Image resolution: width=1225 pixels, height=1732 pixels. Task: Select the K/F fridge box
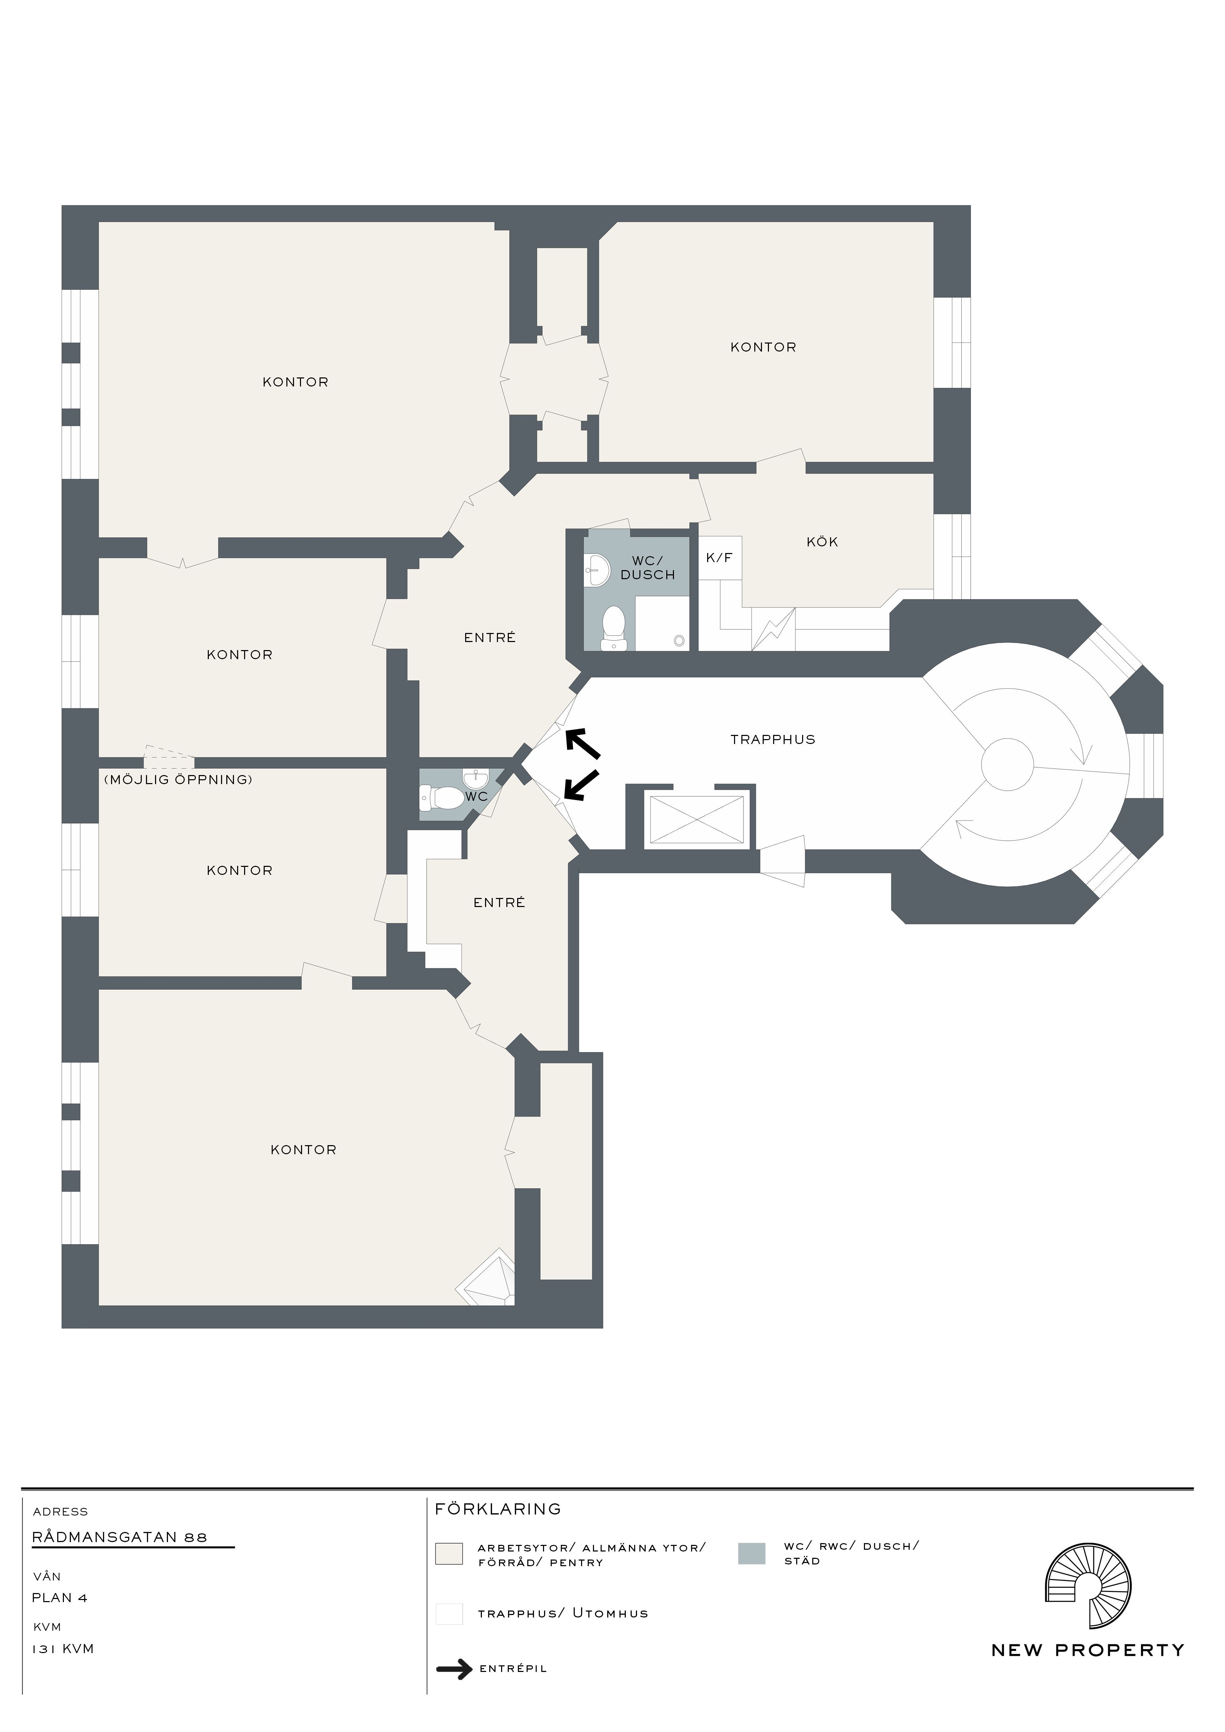[720, 558]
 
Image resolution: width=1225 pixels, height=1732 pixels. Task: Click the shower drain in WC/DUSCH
[679, 640]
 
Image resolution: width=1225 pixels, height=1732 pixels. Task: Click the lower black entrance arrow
[581, 784]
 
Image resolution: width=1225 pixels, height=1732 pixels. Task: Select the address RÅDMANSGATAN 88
[119, 1536]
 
